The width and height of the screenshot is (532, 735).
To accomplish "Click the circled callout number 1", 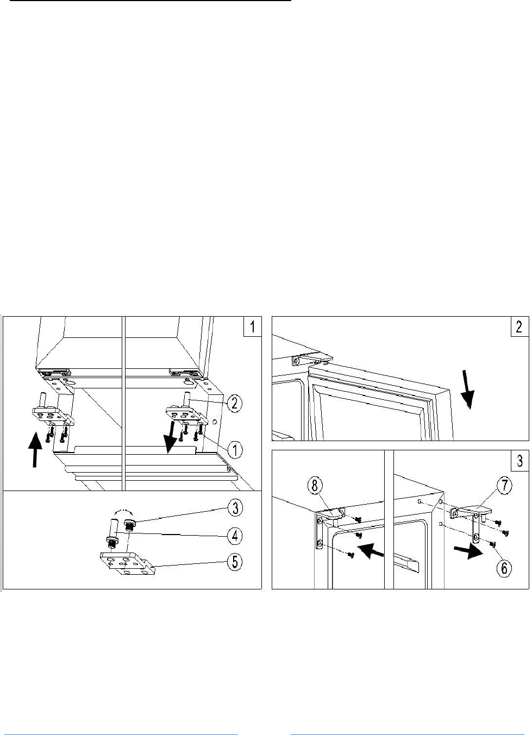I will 234,450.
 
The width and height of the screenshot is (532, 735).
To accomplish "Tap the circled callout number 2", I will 234,403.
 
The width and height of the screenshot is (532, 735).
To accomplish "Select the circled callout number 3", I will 234,508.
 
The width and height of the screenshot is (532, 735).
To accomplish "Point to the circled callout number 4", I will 234,536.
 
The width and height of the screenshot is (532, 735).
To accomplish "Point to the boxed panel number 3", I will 519,461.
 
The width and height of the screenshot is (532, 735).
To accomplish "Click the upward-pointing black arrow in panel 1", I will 35,449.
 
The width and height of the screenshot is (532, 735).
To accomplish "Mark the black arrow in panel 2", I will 467,388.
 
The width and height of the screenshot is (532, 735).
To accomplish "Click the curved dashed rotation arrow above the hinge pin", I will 122,513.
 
